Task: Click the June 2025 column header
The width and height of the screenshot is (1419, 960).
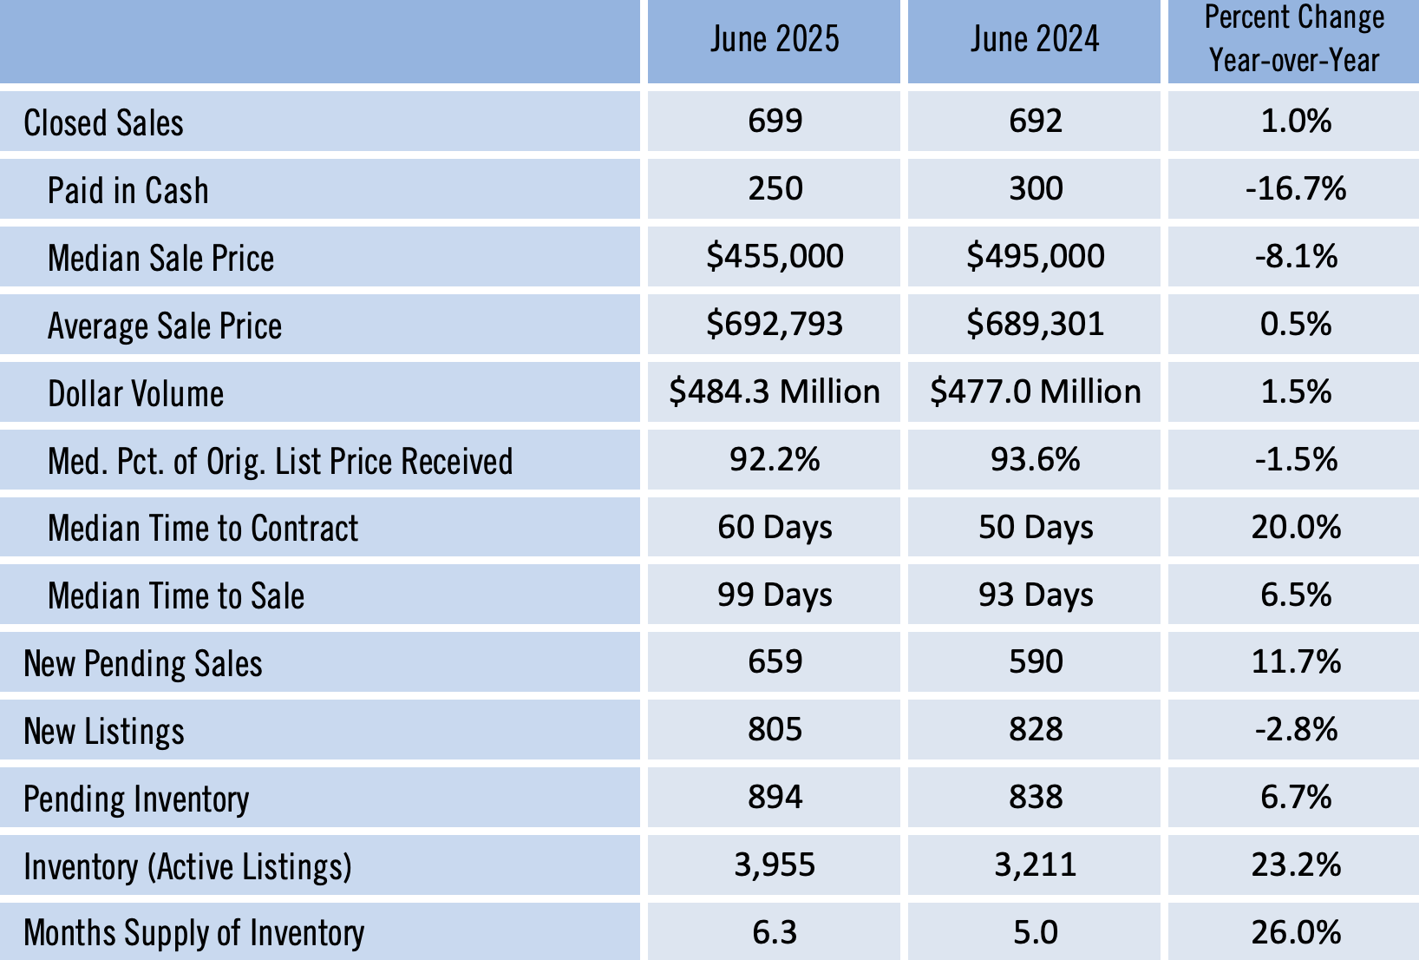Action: pos(775,40)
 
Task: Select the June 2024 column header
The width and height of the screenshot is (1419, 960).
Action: pos(1035,40)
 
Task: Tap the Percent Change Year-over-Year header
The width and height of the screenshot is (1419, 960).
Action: pos(1294,40)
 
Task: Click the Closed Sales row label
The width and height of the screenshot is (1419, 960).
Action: pos(104,123)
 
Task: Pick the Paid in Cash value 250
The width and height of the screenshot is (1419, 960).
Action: pos(775,188)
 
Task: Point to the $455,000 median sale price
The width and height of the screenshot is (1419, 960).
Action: pos(775,256)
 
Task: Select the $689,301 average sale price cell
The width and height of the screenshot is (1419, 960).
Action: pos(1035,324)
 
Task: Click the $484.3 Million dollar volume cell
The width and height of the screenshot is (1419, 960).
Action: pos(775,391)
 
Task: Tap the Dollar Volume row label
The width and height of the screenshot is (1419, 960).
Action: pos(136,394)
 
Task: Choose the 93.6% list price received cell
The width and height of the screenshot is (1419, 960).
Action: pos(1035,459)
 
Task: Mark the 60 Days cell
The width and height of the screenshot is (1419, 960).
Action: pos(775,527)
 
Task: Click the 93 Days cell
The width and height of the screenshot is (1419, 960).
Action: pos(1036,595)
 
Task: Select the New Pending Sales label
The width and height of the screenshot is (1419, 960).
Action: pos(143,664)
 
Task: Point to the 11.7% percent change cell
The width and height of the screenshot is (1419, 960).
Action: pos(1296,662)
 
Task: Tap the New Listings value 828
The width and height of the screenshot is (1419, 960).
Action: pos(1036,730)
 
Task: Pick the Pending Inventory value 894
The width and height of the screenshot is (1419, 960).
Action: pos(775,798)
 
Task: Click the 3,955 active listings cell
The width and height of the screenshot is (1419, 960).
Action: pos(775,865)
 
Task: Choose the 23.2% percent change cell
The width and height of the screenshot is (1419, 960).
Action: pos(1296,865)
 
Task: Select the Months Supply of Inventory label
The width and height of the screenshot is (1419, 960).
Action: pos(194,933)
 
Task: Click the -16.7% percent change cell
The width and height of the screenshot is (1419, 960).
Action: pos(1296,188)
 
